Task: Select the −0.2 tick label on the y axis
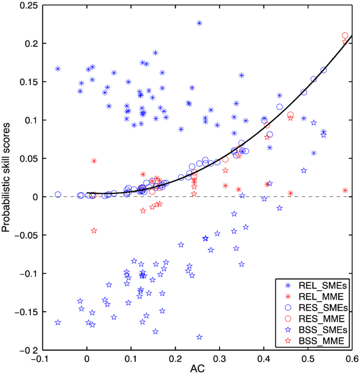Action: click(x=28, y=350)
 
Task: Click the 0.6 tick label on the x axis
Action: click(x=352, y=359)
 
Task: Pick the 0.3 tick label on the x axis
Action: click(x=220, y=359)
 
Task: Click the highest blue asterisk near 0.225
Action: click(x=199, y=23)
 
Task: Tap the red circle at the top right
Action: click(x=345, y=36)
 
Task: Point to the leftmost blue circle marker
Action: click(x=58, y=194)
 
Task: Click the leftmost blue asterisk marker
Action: click(x=58, y=69)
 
